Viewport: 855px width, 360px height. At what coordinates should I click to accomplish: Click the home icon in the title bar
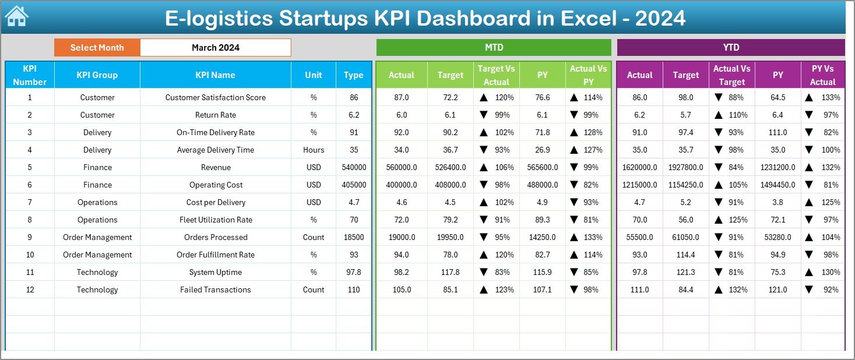tap(16, 17)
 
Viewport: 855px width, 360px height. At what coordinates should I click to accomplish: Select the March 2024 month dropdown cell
tap(216, 48)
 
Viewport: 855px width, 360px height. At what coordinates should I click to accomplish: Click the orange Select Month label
tap(97, 48)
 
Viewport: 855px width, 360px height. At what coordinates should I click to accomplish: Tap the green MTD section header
tap(494, 48)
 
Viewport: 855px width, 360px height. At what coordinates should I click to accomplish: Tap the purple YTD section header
tap(731, 48)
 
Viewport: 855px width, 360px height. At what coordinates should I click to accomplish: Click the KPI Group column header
tap(97, 75)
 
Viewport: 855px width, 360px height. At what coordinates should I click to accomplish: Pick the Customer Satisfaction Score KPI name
tap(216, 97)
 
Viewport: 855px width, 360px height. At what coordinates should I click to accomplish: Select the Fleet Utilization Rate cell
tap(216, 220)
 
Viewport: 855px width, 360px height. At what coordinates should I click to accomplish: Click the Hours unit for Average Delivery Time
tap(314, 150)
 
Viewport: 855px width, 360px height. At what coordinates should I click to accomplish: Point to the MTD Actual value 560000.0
tap(402, 167)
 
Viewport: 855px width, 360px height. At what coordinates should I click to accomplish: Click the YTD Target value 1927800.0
tap(685, 167)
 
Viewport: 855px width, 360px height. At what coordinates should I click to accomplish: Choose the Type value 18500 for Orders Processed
tap(354, 237)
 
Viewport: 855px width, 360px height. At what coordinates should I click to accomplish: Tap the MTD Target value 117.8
tap(451, 272)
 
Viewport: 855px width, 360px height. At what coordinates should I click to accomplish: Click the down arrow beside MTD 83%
tap(484, 272)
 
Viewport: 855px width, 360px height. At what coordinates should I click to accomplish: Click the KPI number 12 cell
tap(30, 290)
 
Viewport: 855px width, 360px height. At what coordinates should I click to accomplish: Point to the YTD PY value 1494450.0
tap(777, 185)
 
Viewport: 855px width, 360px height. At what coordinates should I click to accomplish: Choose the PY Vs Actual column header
tap(822, 75)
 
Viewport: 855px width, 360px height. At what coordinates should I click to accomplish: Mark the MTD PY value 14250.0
tap(543, 237)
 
